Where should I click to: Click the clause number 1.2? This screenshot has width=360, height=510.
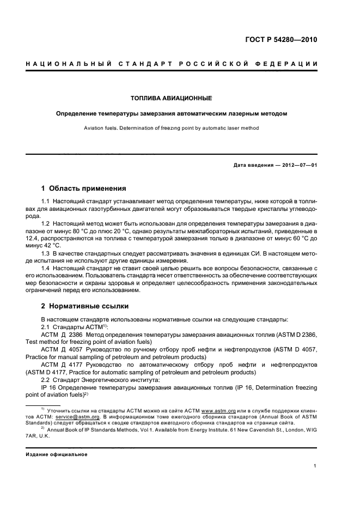(x=46, y=223)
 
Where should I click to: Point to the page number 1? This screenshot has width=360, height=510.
(x=315, y=466)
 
